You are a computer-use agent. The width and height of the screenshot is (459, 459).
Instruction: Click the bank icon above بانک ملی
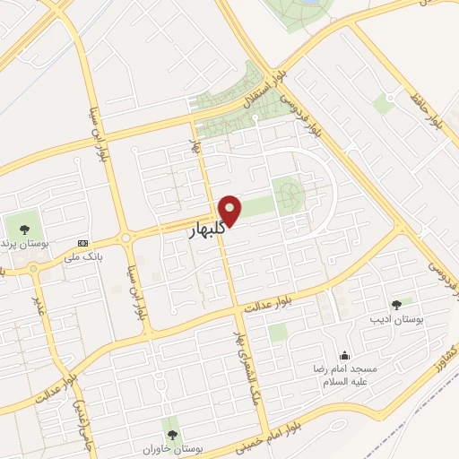coord(83,243)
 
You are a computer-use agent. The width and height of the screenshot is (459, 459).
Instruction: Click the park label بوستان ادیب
coord(394,320)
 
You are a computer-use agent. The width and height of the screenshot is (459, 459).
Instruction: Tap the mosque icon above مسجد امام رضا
coord(345,356)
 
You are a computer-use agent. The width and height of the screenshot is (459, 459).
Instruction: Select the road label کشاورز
coord(444,359)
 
